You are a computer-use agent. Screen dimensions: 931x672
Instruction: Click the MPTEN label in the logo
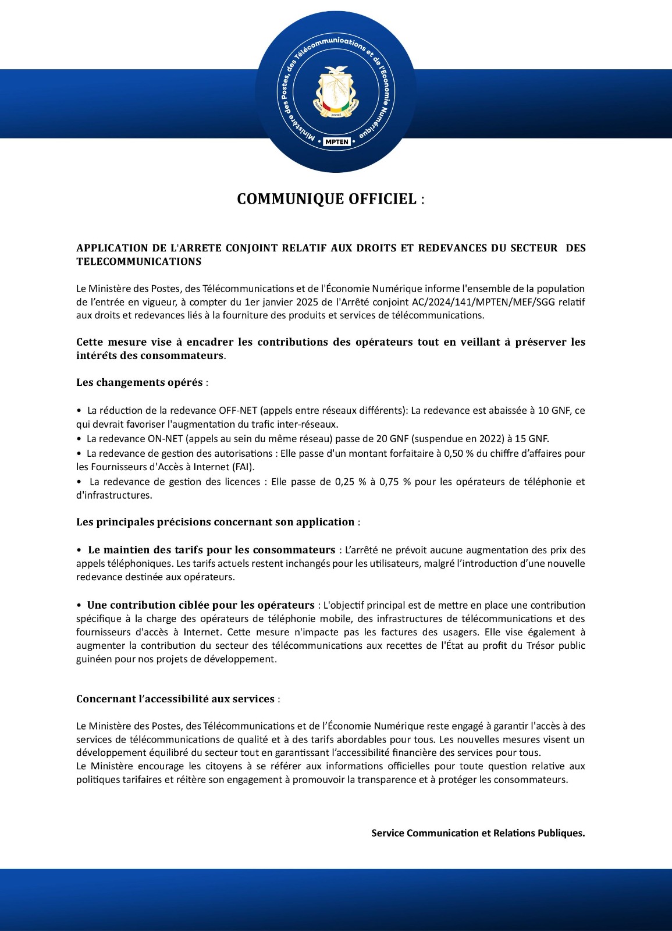click(x=337, y=141)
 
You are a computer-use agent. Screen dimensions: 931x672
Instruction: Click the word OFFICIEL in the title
click(x=382, y=199)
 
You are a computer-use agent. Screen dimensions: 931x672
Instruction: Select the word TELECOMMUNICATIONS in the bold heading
click(x=139, y=262)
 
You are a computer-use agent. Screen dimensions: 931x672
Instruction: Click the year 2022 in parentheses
click(x=491, y=439)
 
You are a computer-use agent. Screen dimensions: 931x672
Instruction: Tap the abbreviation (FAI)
click(x=243, y=467)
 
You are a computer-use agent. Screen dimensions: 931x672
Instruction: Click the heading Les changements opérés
click(x=140, y=382)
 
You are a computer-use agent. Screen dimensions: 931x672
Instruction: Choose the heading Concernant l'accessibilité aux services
click(x=175, y=699)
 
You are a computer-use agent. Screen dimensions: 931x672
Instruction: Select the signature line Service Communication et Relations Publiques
click(x=478, y=833)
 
